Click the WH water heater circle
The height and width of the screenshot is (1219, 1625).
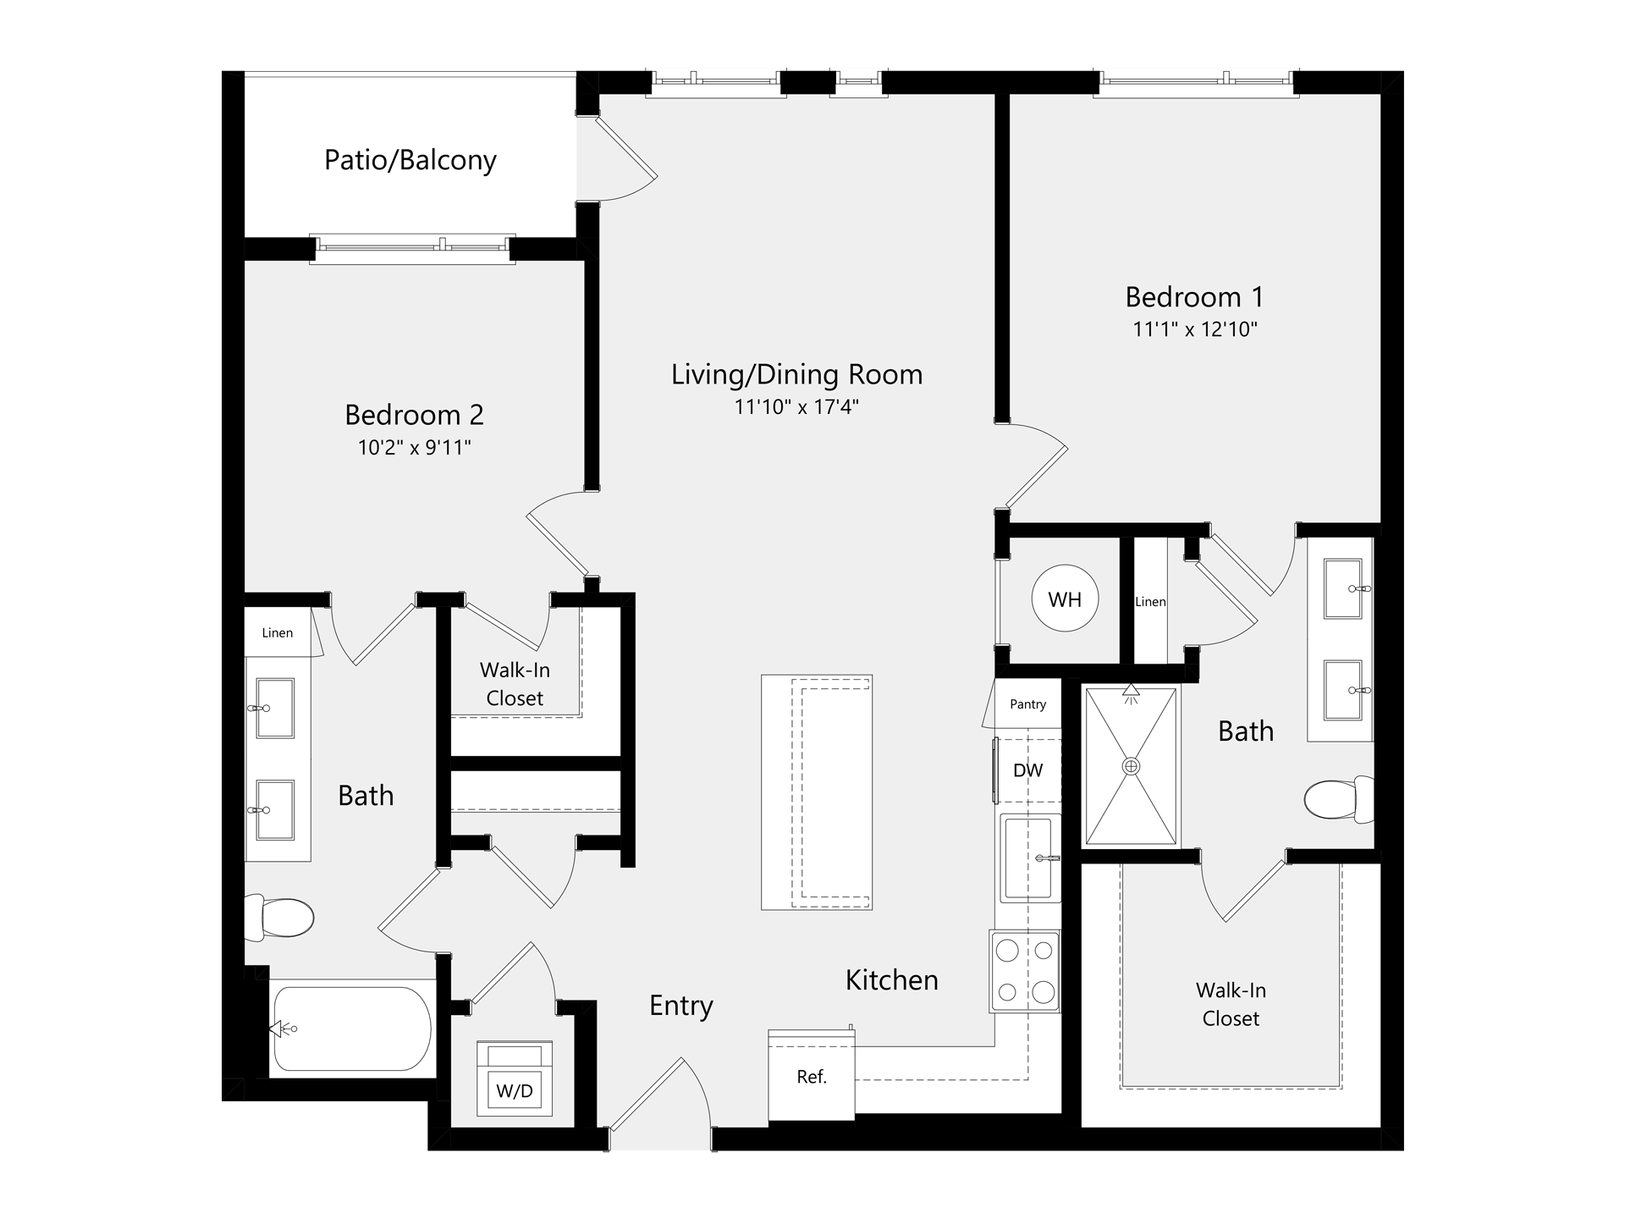(x=1065, y=598)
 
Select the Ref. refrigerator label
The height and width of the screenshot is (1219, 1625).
(x=812, y=1077)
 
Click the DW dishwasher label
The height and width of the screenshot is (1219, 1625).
(x=1028, y=770)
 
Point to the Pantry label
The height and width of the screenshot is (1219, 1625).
(x=1028, y=704)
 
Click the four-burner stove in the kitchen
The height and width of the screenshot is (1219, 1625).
(x=1025, y=971)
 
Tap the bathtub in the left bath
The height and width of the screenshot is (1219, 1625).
(x=350, y=1029)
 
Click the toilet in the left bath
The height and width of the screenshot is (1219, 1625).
(x=279, y=918)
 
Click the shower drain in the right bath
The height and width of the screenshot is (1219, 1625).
(x=1131, y=766)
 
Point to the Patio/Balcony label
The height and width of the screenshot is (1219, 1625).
(x=410, y=160)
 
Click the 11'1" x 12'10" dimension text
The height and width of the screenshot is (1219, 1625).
(x=1195, y=329)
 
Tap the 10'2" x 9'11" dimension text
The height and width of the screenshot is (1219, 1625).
(x=415, y=447)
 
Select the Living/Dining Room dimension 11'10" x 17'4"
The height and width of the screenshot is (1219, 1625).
(x=796, y=407)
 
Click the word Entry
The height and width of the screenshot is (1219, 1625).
(x=681, y=1006)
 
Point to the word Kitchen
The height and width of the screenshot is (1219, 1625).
(x=892, y=979)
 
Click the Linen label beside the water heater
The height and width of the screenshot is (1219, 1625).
(x=1150, y=601)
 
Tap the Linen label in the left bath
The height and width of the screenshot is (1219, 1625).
(x=278, y=632)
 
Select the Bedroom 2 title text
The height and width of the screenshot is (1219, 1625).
(x=415, y=415)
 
